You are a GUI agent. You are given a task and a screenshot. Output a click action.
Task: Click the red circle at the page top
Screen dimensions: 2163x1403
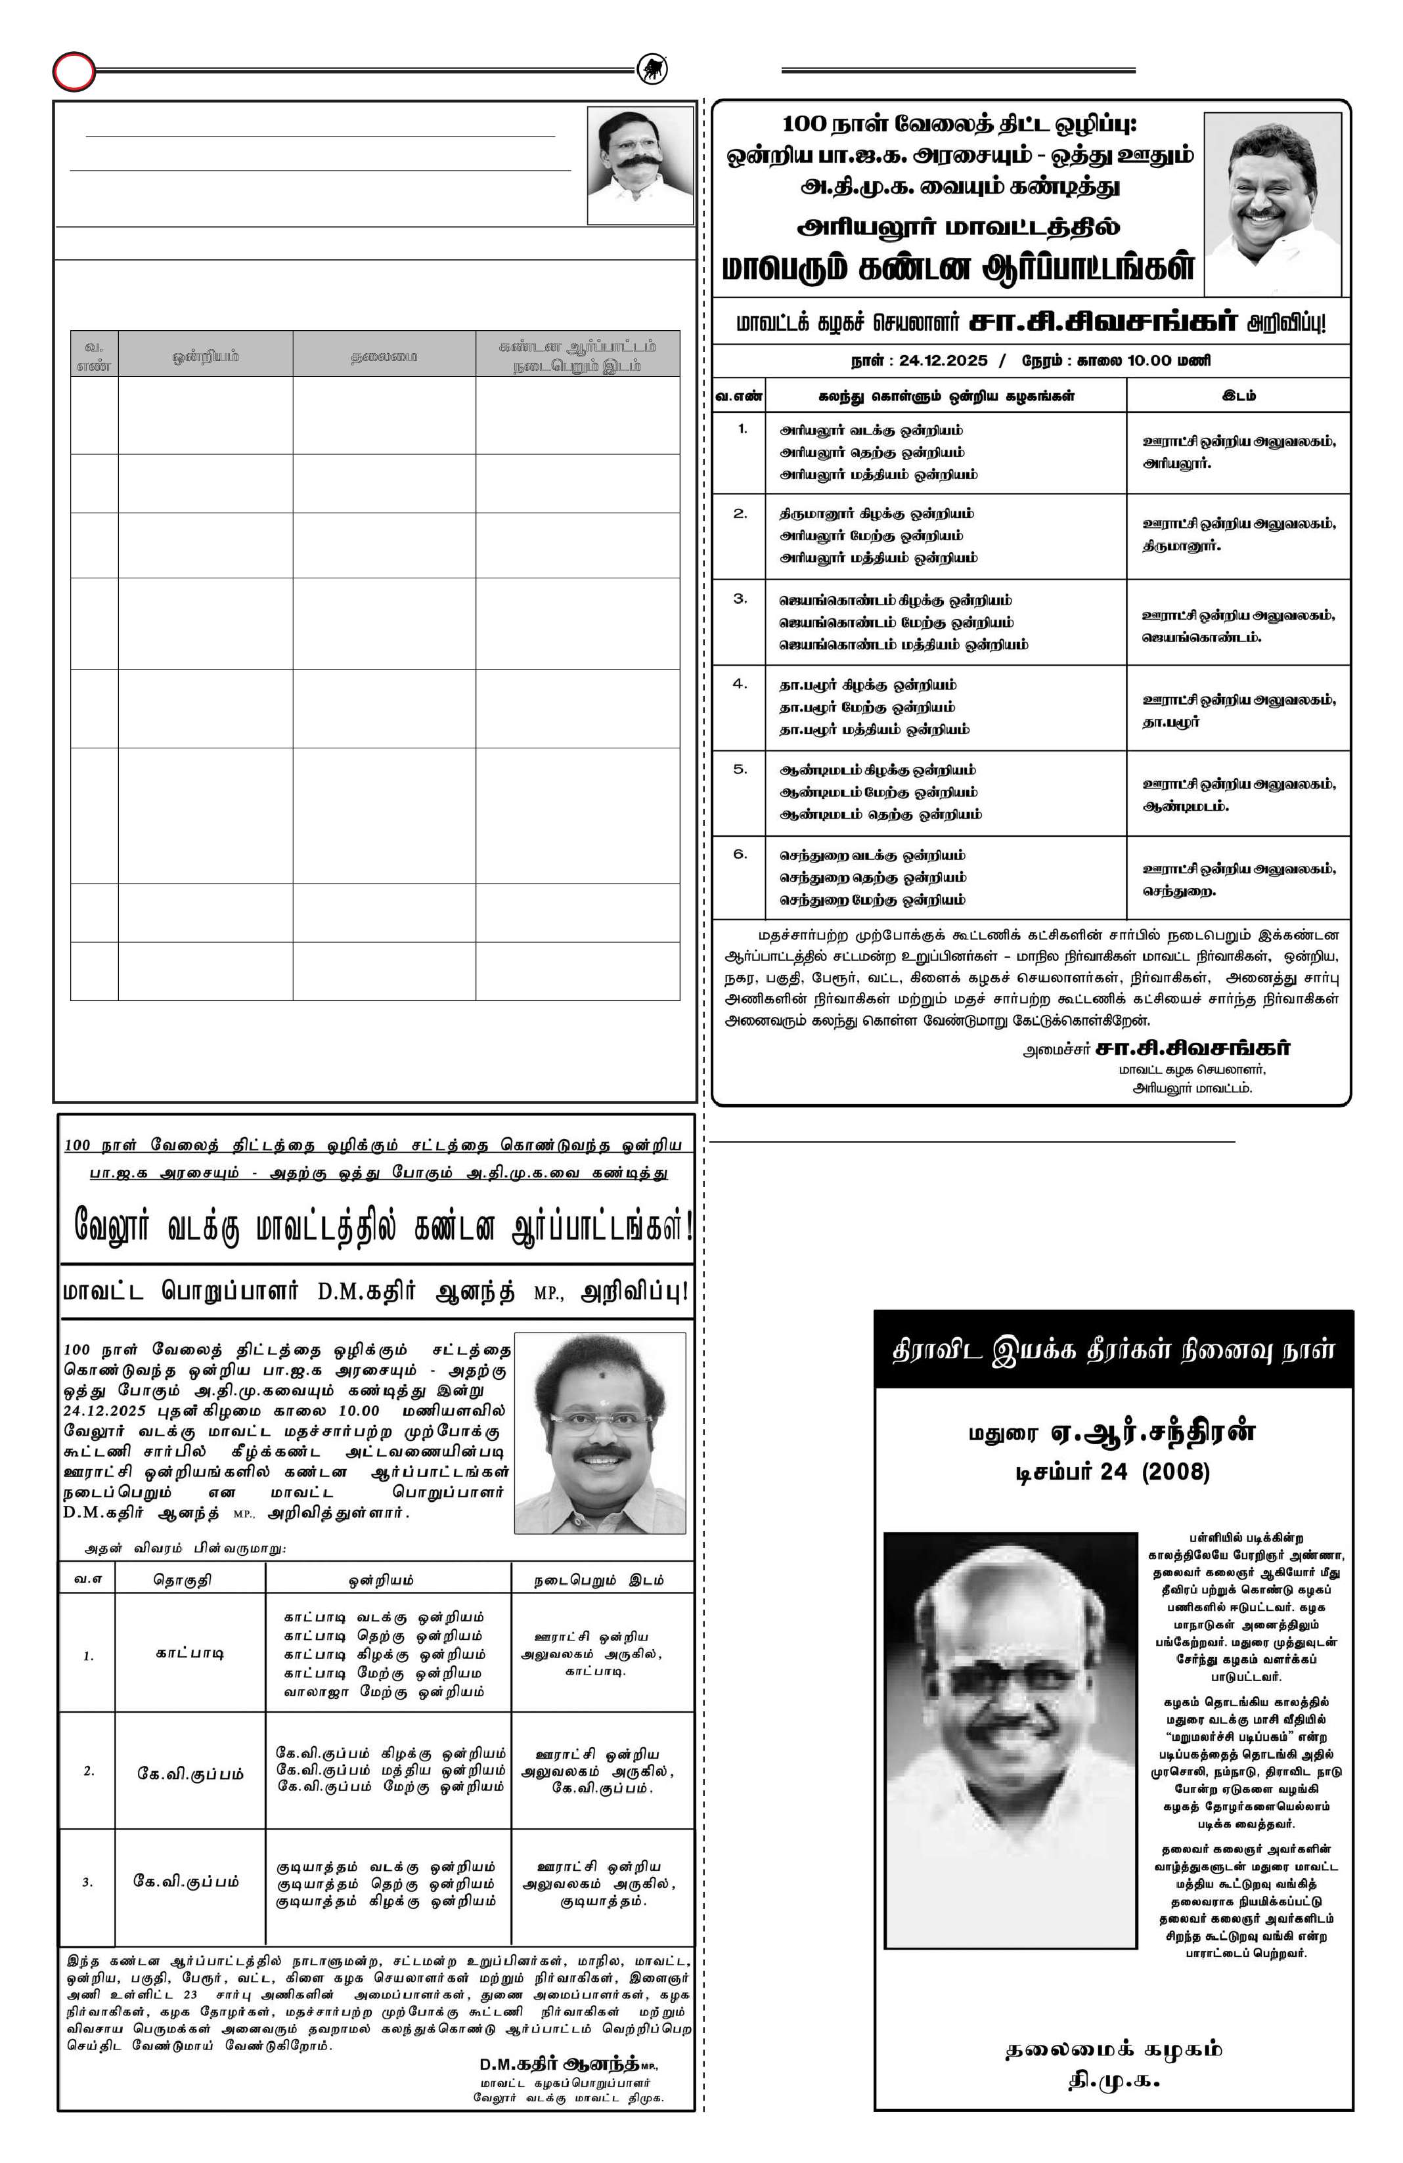click(74, 71)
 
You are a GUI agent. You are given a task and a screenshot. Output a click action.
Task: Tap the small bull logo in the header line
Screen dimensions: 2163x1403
click(651, 69)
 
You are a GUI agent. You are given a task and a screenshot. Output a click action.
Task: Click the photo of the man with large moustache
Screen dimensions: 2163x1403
click(638, 165)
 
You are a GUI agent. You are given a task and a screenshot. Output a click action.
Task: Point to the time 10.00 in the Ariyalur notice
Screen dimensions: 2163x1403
click(1149, 360)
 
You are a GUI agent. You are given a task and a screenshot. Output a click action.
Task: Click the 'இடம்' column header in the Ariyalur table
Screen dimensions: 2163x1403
click(1238, 395)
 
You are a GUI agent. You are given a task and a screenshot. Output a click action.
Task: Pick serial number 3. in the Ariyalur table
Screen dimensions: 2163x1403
click(740, 599)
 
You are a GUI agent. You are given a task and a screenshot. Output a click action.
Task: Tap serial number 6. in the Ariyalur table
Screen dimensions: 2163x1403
click(740, 854)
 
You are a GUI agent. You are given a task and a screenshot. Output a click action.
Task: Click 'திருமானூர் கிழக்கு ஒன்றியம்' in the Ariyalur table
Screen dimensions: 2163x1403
click(876, 513)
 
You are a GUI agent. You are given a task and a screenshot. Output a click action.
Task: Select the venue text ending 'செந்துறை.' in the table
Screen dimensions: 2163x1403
click(1178, 891)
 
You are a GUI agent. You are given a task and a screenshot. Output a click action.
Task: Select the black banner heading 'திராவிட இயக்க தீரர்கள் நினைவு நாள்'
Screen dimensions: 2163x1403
click(1113, 1350)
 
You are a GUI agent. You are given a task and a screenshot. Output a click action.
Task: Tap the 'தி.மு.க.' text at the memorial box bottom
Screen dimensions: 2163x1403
click(1113, 2080)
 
